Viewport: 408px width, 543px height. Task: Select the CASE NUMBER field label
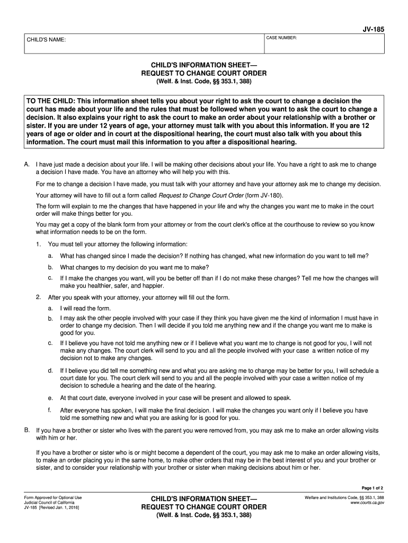tap(281, 38)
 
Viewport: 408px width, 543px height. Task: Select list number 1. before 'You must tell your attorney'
tap(39, 244)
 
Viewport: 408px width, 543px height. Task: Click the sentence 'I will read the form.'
tap(86, 308)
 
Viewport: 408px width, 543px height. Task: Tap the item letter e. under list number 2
tap(50, 398)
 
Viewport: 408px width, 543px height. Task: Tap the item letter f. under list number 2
tap(49, 410)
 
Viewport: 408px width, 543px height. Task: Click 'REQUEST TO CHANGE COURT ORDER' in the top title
tap(203, 73)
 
